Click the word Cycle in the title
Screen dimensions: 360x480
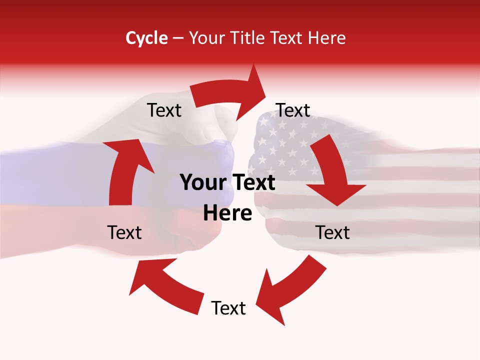146,38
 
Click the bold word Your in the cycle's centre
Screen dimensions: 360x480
200,183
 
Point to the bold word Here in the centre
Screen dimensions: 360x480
227,213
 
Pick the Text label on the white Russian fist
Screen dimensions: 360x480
164,110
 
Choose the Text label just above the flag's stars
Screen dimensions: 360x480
293,110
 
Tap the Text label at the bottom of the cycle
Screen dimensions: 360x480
228,308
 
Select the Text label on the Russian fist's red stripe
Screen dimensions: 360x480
124,232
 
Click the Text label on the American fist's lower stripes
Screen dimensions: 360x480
333,232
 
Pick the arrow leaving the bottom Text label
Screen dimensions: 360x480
165,285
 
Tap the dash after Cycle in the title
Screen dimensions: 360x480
178,38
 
